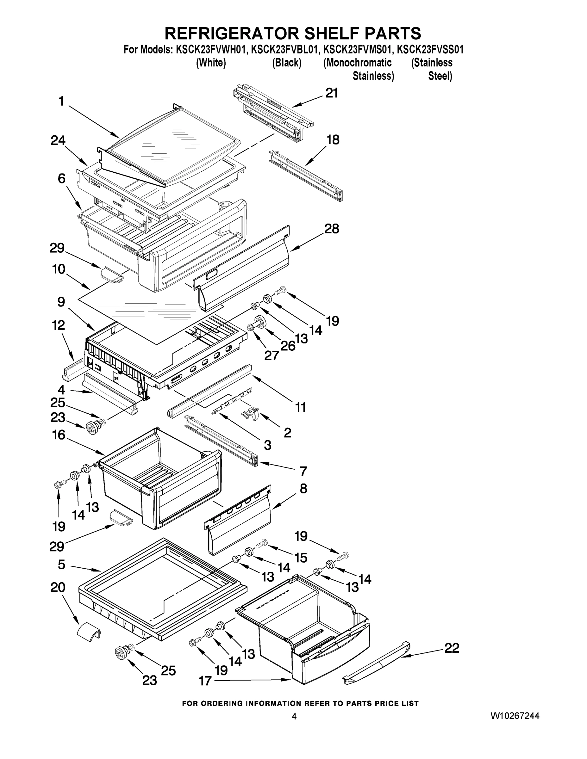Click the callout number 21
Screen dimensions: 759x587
click(x=331, y=93)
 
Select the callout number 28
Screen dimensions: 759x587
click(x=331, y=229)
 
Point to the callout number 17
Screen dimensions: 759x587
click(x=205, y=690)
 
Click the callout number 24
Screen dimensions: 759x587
click(x=58, y=140)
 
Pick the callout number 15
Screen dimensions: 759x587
click(x=301, y=558)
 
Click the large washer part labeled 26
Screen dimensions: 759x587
click(x=260, y=321)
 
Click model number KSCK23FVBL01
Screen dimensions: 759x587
click(x=284, y=50)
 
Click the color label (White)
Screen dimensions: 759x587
click(x=211, y=63)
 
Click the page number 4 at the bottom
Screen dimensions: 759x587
click(x=294, y=716)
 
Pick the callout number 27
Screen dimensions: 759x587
click(x=271, y=355)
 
